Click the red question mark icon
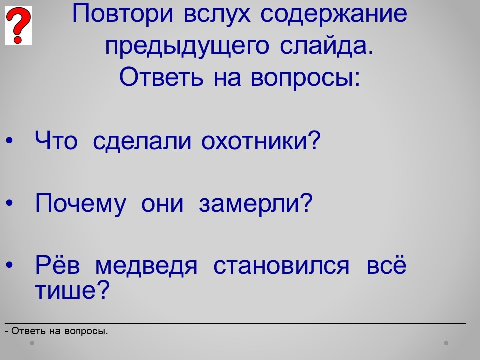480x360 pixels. coord(18,25)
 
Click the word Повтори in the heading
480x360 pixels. coord(123,14)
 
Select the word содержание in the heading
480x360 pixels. coord(334,14)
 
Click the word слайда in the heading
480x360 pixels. coord(327,46)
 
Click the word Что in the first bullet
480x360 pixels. coord(56,141)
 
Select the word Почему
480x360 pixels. coord(80,204)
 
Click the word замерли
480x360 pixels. coord(256,203)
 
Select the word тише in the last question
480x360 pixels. coord(72,289)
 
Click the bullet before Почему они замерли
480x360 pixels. coord(10,203)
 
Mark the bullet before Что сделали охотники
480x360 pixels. coord(10,141)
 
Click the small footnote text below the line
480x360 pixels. coord(56,331)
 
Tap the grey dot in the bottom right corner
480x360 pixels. coord(446,343)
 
